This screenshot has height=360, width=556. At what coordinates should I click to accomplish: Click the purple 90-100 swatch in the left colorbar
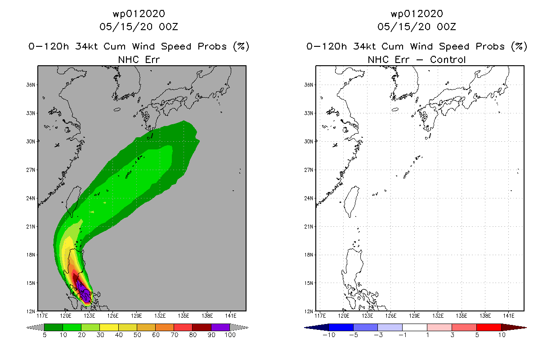(x=220, y=327)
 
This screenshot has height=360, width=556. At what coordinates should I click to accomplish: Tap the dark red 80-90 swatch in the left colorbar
(x=202, y=327)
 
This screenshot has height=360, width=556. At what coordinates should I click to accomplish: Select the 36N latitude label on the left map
(x=31, y=85)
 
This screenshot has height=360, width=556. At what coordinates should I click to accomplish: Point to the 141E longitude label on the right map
(x=509, y=316)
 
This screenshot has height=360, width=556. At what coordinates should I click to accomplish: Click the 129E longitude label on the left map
(x=136, y=316)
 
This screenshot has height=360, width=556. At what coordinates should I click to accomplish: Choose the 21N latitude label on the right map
(x=309, y=226)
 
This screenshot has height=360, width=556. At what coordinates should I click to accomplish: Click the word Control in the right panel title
(x=448, y=60)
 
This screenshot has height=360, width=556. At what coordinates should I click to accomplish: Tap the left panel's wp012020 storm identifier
(x=139, y=14)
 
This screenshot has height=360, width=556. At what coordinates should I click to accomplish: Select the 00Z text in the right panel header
(x=446, y=27)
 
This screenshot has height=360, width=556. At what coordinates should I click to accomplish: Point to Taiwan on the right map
(x=352, y=201)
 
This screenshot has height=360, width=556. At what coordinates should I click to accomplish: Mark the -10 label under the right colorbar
(x=329, y=335)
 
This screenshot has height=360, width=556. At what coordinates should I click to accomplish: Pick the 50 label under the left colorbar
(x=137, y=335)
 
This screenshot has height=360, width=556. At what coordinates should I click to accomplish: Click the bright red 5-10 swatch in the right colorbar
(x=489, y=327)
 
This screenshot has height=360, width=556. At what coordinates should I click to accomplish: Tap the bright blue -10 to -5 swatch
(x=341, y=327)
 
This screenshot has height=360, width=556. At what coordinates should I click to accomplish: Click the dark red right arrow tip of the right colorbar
(x=526, y=328)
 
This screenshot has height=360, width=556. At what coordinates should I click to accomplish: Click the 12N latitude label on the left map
(x=31, y=311)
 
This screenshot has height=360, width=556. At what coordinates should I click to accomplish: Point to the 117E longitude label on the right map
(x=320, y=316)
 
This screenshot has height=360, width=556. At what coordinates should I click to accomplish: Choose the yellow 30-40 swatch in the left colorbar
(x=109, y=327)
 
